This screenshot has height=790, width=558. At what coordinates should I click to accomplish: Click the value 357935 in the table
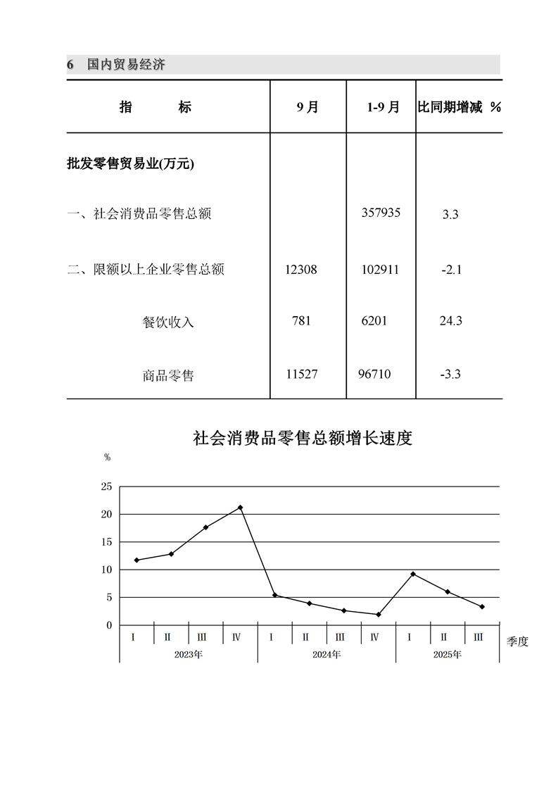coord(381,212)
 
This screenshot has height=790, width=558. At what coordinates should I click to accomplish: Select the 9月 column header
coord(307,107)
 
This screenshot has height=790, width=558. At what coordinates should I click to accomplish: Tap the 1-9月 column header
coord(383,107)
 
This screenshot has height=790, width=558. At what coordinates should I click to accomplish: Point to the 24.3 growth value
coord(450,321)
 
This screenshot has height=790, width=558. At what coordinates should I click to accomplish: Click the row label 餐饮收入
coord(167,322)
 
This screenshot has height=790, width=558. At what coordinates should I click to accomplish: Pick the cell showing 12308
coord(302,269)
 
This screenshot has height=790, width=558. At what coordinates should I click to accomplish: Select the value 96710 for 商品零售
coord(374,374)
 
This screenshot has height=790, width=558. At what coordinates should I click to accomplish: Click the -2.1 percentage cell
coord(450,270)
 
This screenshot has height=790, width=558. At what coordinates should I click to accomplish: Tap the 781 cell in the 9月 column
coord(301,321)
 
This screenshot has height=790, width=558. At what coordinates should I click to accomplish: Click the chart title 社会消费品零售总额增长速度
coord(302,439)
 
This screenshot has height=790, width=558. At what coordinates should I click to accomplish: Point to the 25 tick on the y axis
coord(106,487)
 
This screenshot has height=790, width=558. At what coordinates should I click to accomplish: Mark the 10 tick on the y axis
coord(106,570)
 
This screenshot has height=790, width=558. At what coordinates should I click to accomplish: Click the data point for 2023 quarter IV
coord(240,508)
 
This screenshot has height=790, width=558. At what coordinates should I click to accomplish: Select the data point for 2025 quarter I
coord(413,574)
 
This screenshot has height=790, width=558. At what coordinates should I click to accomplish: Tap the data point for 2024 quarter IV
coord(379,615)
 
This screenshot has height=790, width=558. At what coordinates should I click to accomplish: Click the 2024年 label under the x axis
coord(326,655)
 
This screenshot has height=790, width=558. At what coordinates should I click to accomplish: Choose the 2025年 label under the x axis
coord(448,655)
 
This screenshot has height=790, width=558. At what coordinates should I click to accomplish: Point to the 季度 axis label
coord(517,641)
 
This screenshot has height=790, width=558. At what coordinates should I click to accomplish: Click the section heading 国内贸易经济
coord(126,65)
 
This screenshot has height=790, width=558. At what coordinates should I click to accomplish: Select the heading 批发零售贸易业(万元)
coord(130,164)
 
